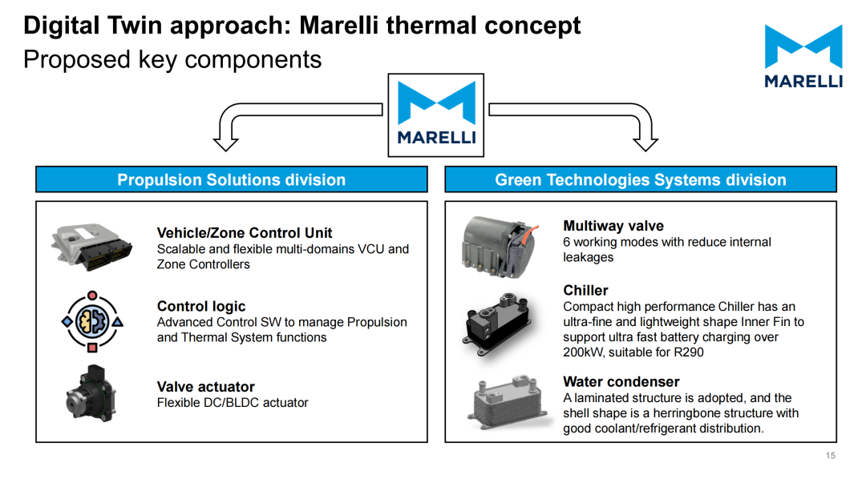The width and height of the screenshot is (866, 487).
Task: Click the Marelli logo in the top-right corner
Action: click(803, 56)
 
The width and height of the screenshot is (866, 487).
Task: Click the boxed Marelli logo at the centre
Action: click(435, 115)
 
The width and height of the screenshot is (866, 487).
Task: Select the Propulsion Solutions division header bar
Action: click(232, 179)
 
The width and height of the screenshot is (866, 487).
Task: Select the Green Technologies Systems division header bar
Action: click(641, 179)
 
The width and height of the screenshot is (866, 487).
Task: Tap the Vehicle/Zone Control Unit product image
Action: click(91, 246)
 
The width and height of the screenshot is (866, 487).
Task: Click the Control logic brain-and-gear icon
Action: click(92, 321)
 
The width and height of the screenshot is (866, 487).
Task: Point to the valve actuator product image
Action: click(91, 394)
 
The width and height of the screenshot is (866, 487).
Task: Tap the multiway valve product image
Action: click(500, 247)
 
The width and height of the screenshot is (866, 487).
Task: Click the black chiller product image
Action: click(498, 324)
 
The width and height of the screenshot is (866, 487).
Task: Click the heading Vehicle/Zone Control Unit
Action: click(245, 233)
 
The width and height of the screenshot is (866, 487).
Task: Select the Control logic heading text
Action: click(201, 306)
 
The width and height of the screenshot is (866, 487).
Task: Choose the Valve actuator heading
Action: click(205, 387)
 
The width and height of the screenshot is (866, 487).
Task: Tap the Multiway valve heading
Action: click(613, 226)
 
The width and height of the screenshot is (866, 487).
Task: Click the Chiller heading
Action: click(585, 290)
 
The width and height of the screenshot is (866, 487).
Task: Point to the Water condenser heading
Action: click(621, 381)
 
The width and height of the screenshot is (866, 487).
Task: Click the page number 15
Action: click(830, 456)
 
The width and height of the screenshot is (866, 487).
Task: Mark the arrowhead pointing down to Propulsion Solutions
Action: click(226, 144)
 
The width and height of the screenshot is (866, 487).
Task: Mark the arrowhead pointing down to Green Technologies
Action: click(645, 144)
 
